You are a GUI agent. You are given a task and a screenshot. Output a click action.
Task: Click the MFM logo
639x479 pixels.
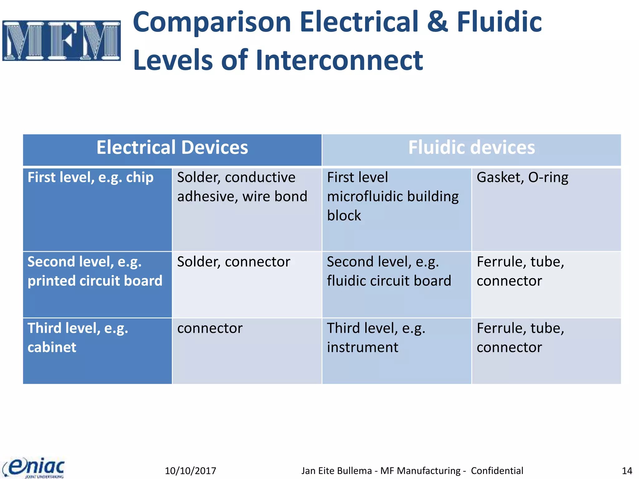click(x=61, y=41)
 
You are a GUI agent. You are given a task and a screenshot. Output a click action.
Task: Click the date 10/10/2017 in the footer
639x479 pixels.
click(x=190, y=471)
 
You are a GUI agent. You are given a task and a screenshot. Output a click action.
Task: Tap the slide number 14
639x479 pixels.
click(x=627, y=471)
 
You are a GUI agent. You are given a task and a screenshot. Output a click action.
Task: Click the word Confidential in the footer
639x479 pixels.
click(x=497, y=471)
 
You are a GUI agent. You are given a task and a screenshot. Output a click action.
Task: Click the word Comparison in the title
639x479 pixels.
click(x=212, y=22)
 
